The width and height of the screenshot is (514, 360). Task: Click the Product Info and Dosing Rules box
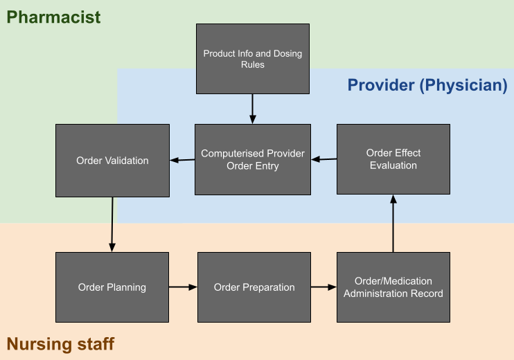pyautogui.click(x=253, y=59)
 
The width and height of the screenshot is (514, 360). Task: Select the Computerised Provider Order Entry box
pyautogui.click(x=253, y=159)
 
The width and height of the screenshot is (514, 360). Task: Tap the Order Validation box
pyautogui.click(x=112, y=161)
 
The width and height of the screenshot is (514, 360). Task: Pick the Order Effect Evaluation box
pyautogui.click(x=393, y=159)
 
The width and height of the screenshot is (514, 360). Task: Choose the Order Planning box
pyautogui.click(x=112, y=287)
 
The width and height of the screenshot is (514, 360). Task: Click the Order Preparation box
pyautogui.click(x=254, y=287)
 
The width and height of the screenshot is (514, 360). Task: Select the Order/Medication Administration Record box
pyautogui.click(x=393, y=287)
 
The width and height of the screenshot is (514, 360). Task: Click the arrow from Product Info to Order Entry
pyautogui.click(x=252, y=109)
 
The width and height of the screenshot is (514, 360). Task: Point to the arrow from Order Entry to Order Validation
pyautogui.click(x=182, y=160)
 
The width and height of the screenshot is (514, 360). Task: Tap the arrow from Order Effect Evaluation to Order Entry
pyautogui.click(x=324, y=159)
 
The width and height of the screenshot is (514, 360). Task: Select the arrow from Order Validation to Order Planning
pyautogui.click(x=112, y=224)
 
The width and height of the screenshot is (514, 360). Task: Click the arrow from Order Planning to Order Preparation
pyautogui.click(x=184, y=287)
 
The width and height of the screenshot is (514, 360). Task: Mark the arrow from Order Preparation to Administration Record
pyautogui.click(x=324, y=287)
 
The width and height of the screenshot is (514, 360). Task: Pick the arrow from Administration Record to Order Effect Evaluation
pyautogui.click(x=393, y=224)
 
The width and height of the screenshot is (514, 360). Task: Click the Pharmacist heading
pyautogui.click(x=53, y=17)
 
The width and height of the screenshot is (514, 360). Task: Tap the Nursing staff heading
pyautogui.click(x=60, y=344)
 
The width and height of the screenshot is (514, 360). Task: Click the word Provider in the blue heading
pyautogui.click(x=381, y=85)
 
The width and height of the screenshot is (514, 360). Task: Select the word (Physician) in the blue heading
pyautogui.click(x=463, y=85)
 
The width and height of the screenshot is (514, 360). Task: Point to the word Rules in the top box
pyautogui.click(x=253, y=64)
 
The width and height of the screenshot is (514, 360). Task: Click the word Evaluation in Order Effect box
pyautogui.click(x=393, y=165)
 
